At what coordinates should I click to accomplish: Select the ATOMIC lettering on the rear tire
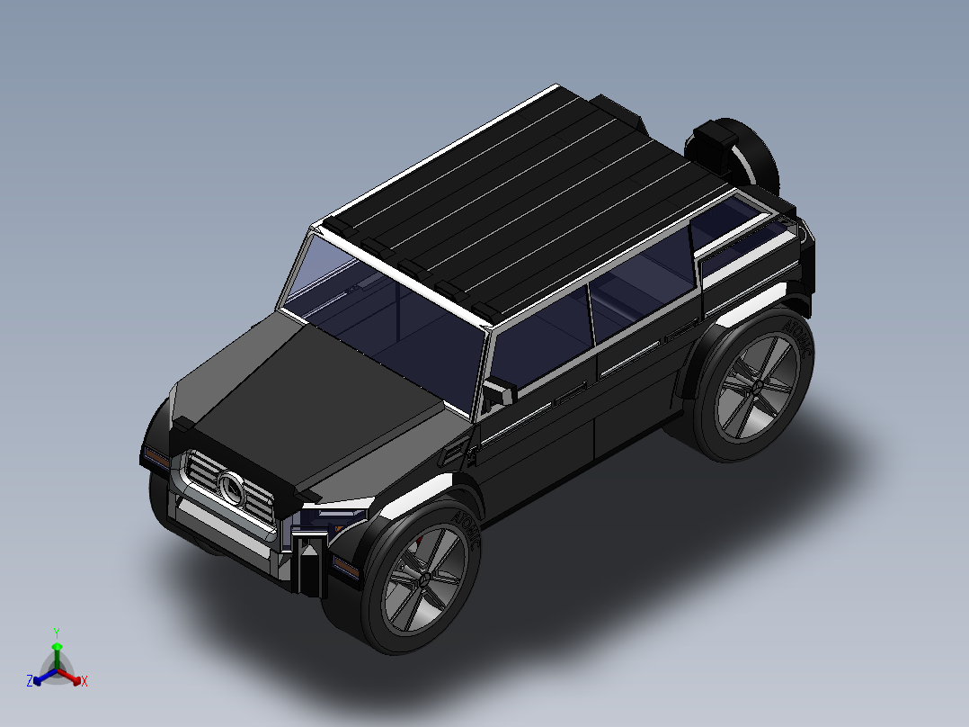point(799,337)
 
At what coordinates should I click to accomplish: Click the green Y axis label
point(56,633)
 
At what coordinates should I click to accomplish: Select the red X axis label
point(84,681)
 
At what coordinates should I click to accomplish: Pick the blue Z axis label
point(30,681)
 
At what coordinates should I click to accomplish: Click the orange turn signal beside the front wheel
point(346,566)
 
